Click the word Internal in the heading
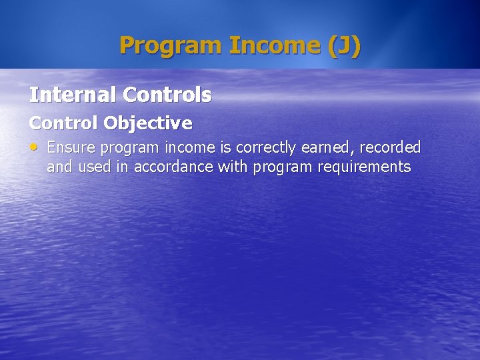73,95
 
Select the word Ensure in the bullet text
72,147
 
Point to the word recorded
391,147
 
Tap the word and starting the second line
59,167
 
